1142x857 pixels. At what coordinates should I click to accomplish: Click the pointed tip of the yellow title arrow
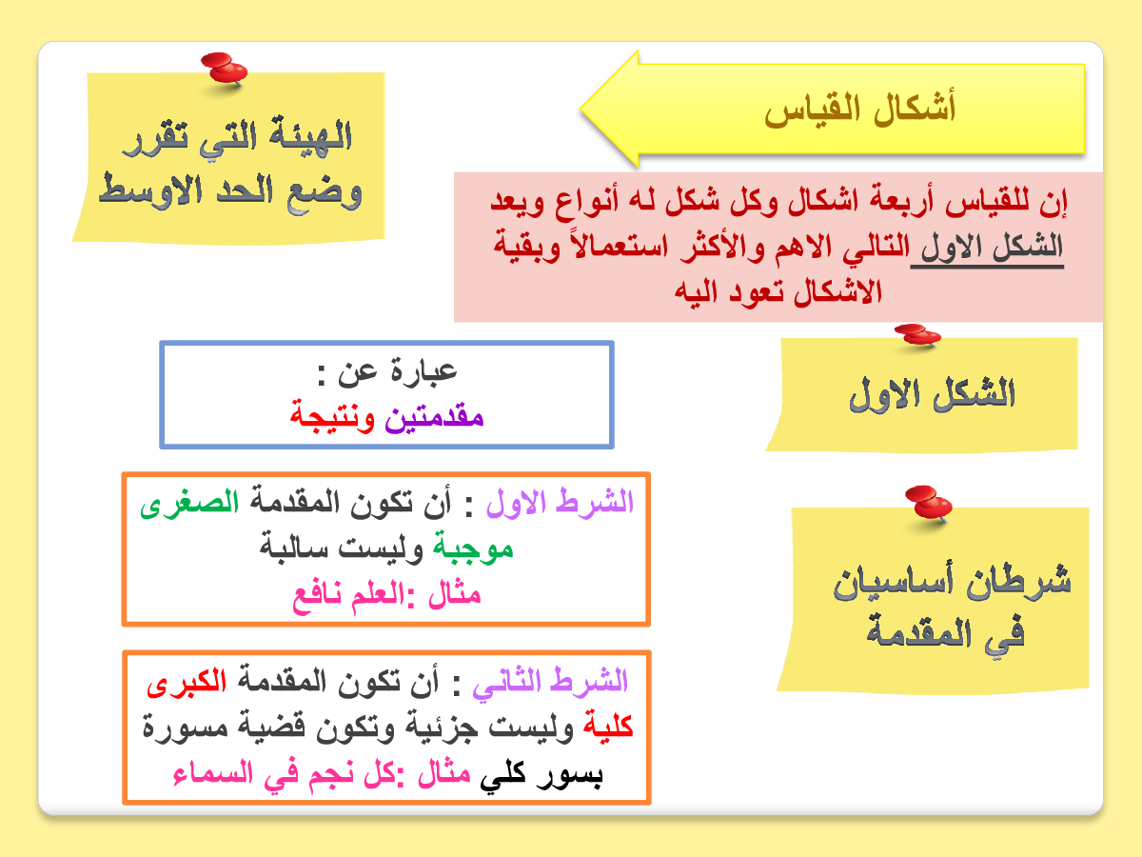pos(581,109)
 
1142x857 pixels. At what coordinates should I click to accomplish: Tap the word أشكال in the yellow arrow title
pos(915,108)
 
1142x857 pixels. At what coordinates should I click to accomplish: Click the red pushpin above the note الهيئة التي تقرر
pos(225,70)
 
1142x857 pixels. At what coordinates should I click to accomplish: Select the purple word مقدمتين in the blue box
pos(434,417)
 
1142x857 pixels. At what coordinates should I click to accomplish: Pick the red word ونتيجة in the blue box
pos(332,416)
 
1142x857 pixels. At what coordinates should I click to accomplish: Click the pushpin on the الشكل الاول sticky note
pos(917,335)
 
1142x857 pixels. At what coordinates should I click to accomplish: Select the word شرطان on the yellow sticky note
pos(1018,581)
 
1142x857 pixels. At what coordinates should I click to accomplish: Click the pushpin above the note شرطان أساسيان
pos(929,503)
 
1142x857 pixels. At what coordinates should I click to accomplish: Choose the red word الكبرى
pos(187,681)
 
